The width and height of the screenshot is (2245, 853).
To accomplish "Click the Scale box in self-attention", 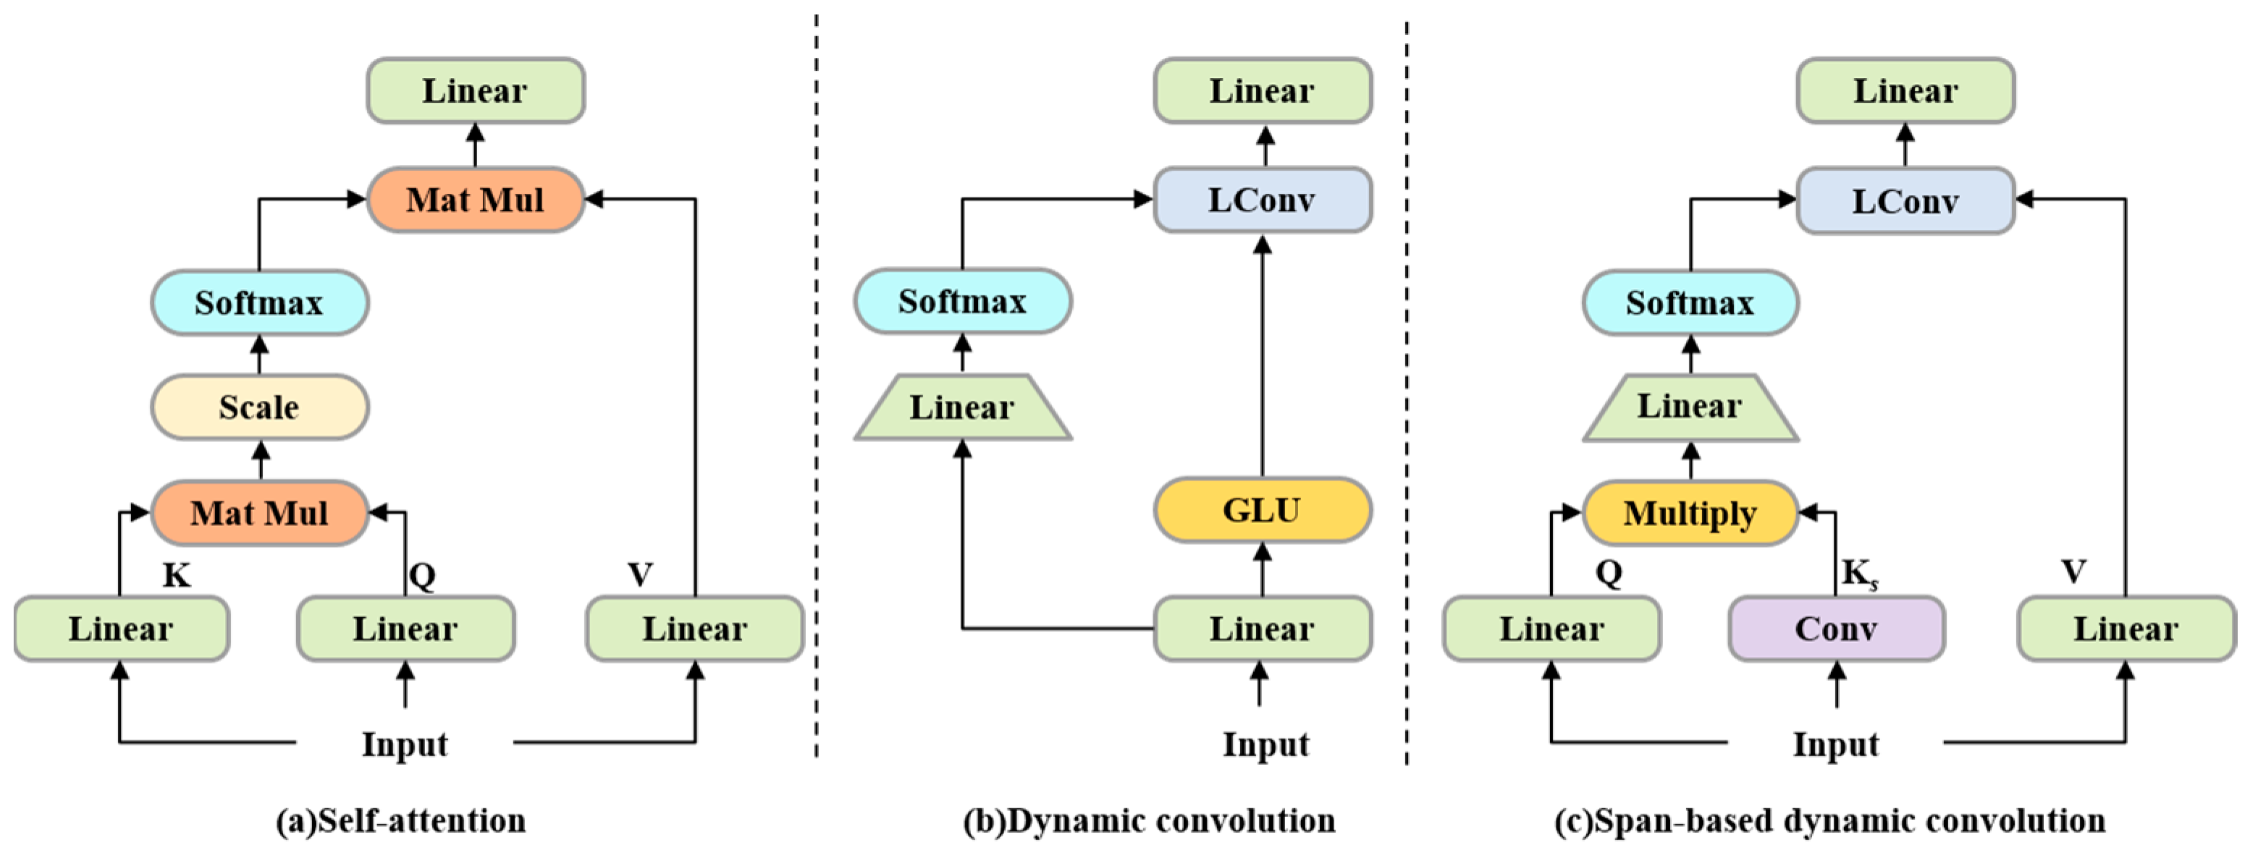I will (x=259, y=407).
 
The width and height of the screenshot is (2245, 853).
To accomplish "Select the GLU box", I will (x=1262, y=510).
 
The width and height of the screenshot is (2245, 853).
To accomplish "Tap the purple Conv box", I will (x=1835, y=628).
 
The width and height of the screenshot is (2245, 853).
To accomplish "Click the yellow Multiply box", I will (x=1689, y=513).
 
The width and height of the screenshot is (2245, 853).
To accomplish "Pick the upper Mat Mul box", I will (x=475, y=200).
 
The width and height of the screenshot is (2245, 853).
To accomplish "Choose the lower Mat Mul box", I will (x=259, y=513).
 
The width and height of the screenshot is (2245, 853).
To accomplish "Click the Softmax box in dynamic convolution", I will (x=962, y=302).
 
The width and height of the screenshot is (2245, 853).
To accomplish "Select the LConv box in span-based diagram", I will (x=1905, y=200).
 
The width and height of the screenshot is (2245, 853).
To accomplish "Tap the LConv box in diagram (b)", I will (x=1262, y=200).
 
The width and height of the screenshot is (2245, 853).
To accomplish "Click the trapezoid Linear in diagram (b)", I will (x=962, y=407).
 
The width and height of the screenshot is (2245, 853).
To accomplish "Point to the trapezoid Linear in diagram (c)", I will (x=1689, y=407).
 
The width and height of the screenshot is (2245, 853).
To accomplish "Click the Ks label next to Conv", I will (x=1860, y=574).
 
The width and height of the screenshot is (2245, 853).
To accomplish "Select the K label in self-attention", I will (x=176, y=575).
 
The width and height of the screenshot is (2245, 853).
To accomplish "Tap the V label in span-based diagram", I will (x=2073, y=572).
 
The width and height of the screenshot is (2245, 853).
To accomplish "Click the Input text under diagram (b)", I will (x=1265, y=744).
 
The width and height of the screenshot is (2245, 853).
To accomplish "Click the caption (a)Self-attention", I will (x=401, y=820).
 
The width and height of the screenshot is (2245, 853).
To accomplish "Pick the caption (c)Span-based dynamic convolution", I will (x=1830, y=820).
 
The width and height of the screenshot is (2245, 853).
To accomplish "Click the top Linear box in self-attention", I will (x=475, y=90).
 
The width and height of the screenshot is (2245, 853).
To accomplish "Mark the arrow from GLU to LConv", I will (x=1262, y=357).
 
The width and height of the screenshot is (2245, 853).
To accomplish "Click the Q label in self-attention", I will (x=422, y=575).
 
